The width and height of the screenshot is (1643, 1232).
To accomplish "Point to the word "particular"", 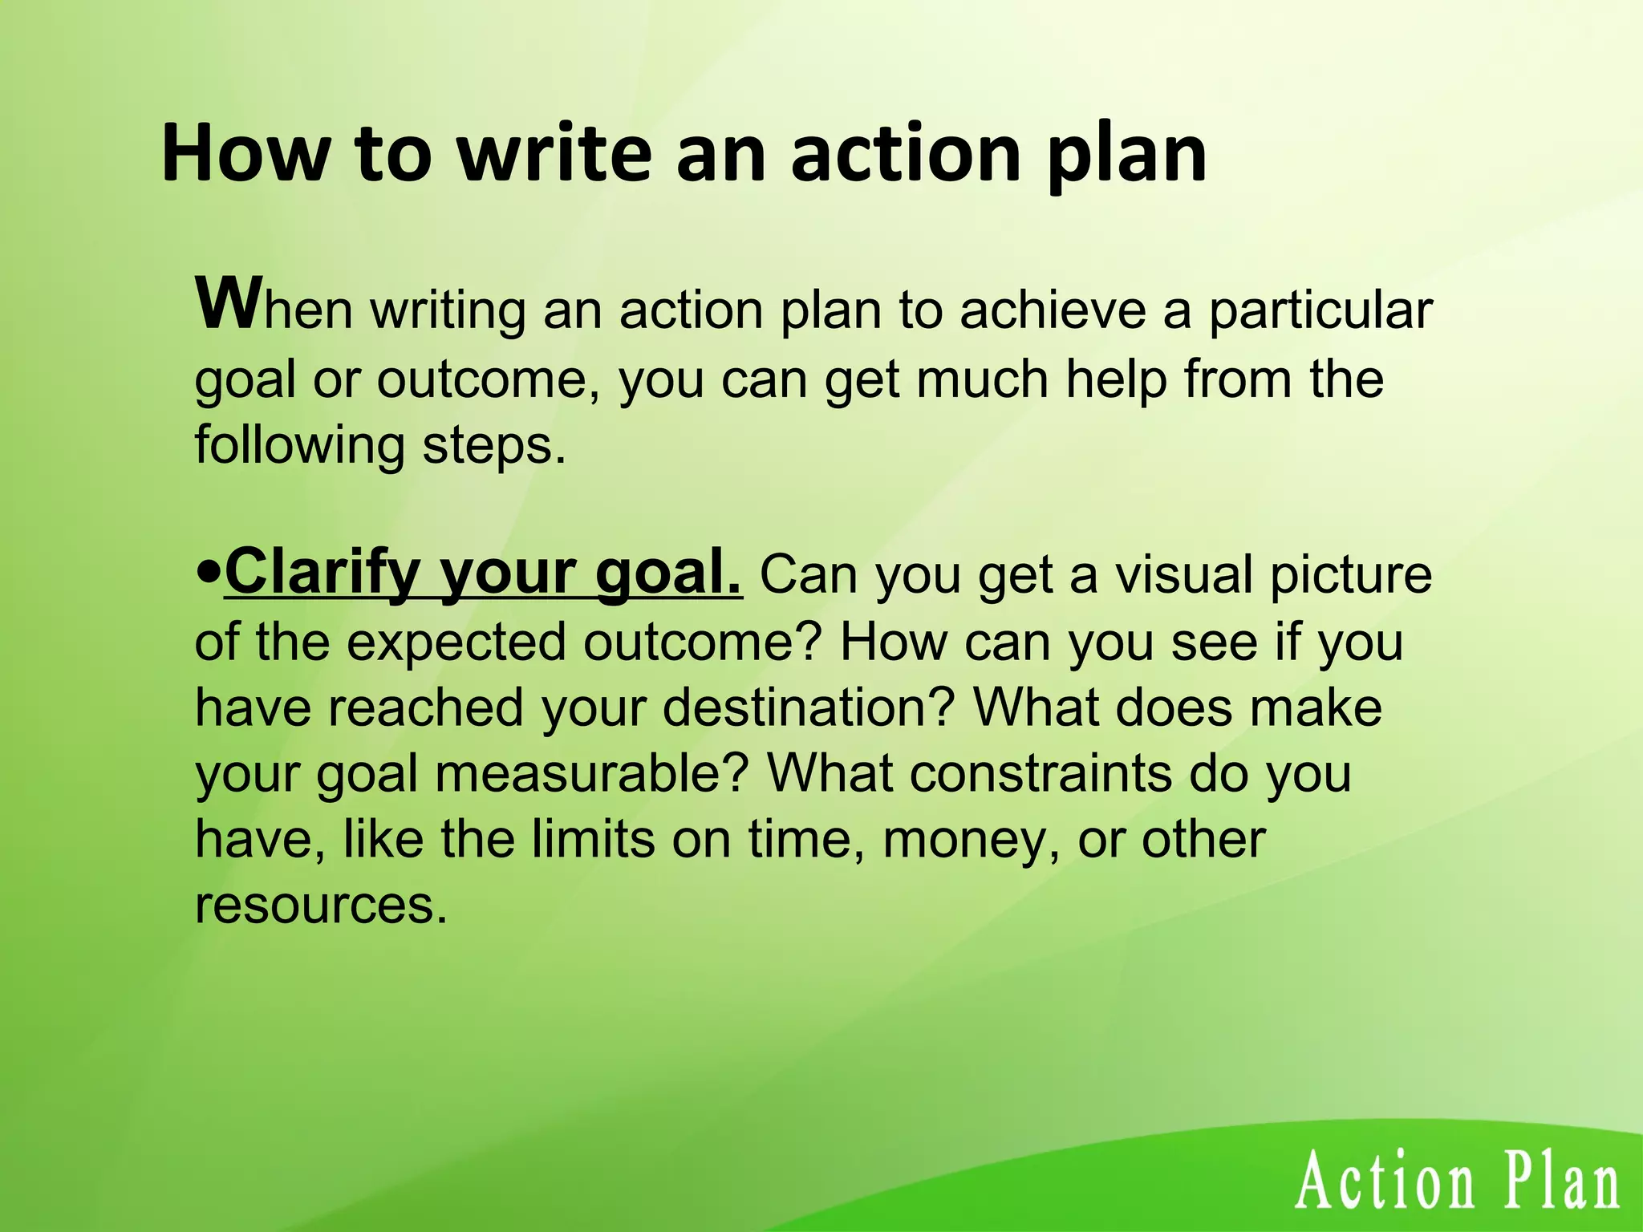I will click(x=1320, y=310).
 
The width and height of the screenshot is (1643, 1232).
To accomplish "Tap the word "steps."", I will click(x=494, y=445).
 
